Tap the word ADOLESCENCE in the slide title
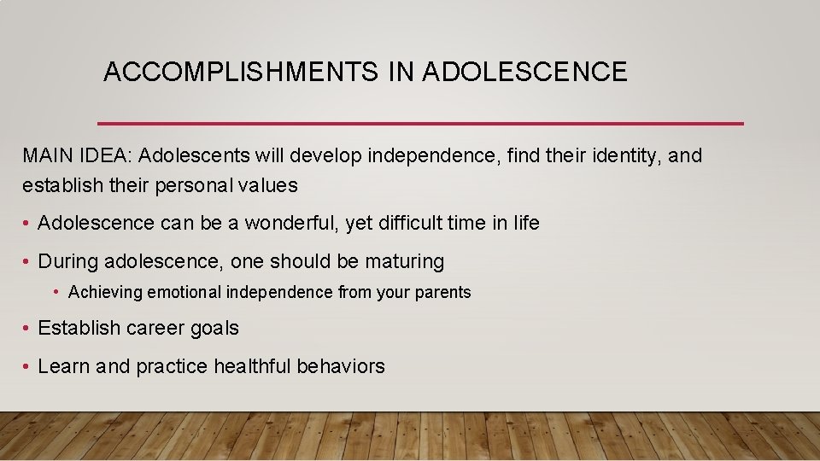[524, 73]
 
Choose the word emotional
[184, 293]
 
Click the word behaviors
[341, 367]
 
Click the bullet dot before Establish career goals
[27, 328]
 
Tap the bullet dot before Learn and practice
[27, 367]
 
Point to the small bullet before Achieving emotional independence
[56, 293]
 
